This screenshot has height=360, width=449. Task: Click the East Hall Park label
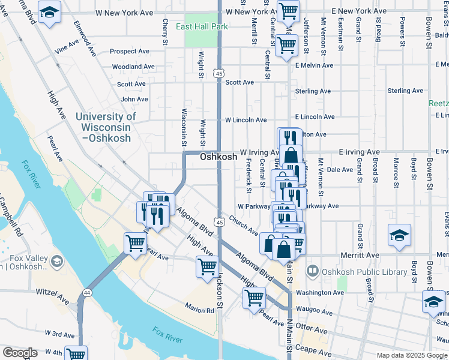coord(202,27)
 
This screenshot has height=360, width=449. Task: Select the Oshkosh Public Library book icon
coord(312,271)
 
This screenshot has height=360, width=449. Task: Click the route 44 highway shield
coord(88,292)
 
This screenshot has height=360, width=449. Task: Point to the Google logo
coord(20,353)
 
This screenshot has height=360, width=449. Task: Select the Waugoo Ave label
coord(313,312)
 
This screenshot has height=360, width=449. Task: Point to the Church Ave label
coord(243,228)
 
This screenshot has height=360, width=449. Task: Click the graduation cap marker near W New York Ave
coord(49,11)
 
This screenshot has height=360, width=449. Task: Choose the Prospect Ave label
coord(129,52)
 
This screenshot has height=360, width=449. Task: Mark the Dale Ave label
coord(340,170)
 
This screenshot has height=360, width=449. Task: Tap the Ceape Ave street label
coord(316,353)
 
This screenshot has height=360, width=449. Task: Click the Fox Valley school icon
coord(56,261)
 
